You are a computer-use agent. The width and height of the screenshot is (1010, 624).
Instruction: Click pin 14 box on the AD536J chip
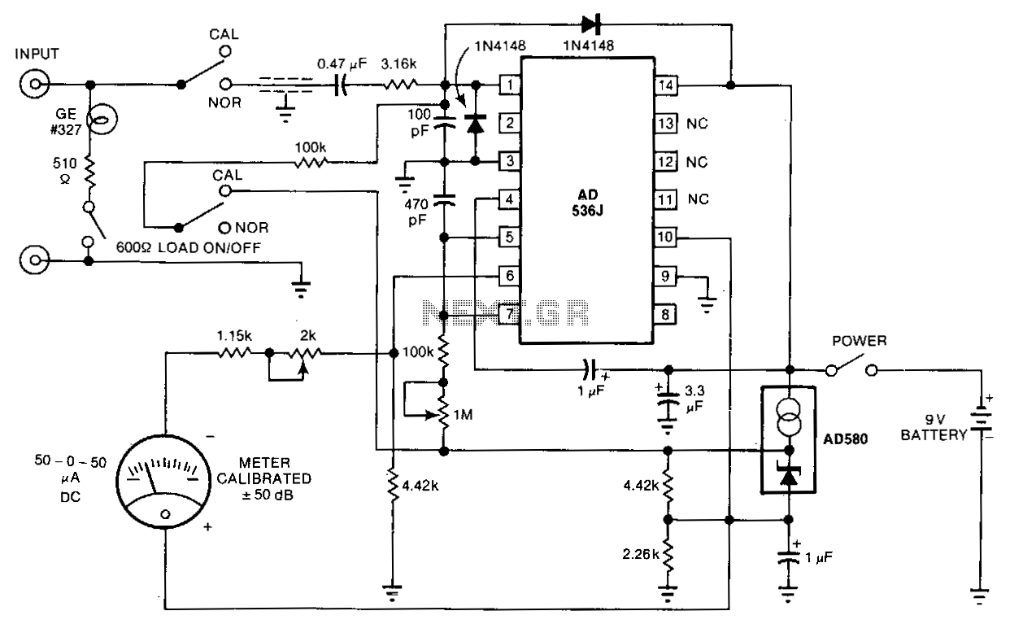coord(666,85)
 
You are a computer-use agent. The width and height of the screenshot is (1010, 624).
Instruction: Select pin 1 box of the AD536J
coord(510,85)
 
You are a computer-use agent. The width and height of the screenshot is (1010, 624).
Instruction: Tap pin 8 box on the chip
coord(665,314)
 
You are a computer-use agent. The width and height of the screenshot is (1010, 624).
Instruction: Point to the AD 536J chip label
coord(587,203)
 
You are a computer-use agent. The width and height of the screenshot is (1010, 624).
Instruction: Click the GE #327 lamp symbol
coord(102,119)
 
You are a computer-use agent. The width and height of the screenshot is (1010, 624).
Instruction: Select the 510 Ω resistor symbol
coord(89,172)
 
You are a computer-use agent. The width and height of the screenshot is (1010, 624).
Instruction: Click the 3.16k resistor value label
coord(398,64)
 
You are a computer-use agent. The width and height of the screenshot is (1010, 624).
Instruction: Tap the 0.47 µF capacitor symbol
coord(341,85)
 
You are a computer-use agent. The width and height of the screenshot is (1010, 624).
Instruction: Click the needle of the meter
coord(150,478)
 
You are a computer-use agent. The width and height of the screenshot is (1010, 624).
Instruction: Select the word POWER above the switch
coord(859,341)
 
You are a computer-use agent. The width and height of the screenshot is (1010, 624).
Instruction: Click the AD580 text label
coord(846,439)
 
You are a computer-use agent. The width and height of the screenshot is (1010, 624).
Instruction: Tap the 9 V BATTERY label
coord(934,427)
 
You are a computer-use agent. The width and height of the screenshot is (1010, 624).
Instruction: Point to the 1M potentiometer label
coord(463,414)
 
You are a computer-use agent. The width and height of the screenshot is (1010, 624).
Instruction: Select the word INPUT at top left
coord(37,54)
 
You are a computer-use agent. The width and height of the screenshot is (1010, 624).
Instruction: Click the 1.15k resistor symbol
coord(234,353)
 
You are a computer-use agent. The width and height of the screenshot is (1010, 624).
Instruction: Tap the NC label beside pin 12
coord(697,162)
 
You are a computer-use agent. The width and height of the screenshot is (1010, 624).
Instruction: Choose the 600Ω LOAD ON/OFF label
coord(189,247)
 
